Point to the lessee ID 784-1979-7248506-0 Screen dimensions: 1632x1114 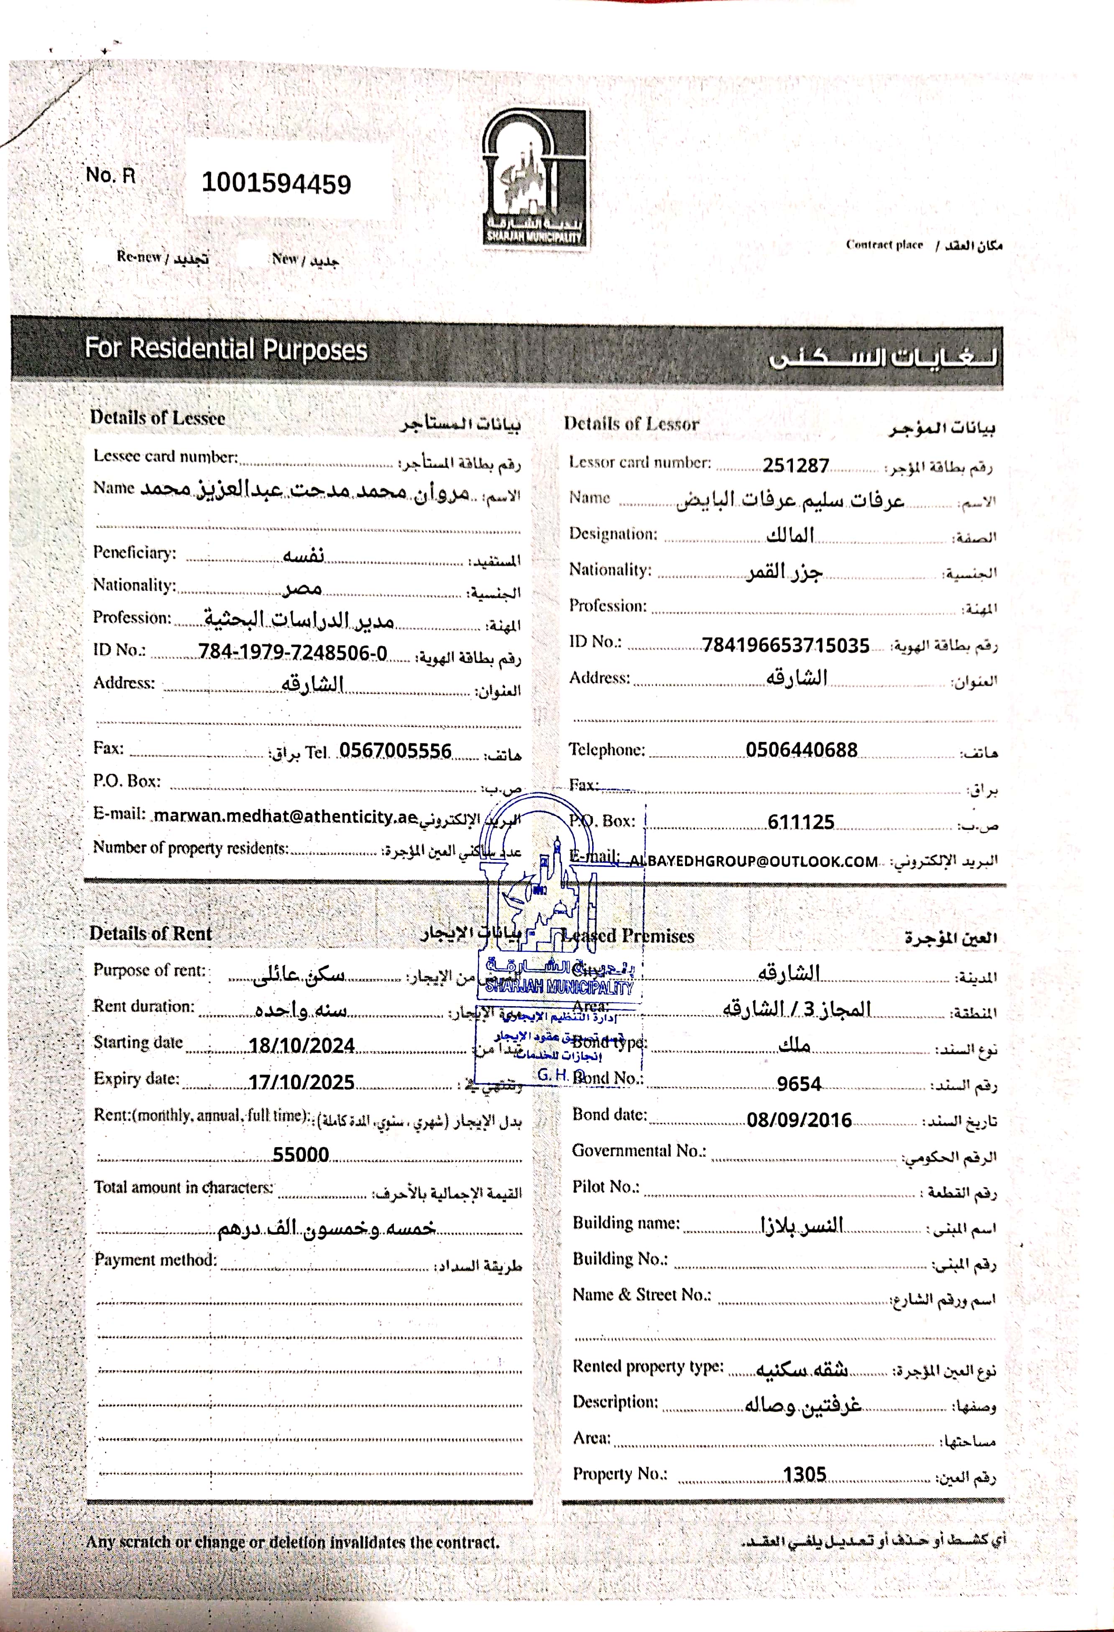click(292, 653)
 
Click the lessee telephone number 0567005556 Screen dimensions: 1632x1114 click(395, 751)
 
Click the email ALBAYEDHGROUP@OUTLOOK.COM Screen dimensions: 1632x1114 click(753, 862)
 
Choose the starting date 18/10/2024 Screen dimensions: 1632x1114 click(301, 1045)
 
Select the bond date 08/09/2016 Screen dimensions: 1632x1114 click(799, 1120)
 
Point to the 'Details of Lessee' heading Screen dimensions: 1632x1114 click(157, 418)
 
